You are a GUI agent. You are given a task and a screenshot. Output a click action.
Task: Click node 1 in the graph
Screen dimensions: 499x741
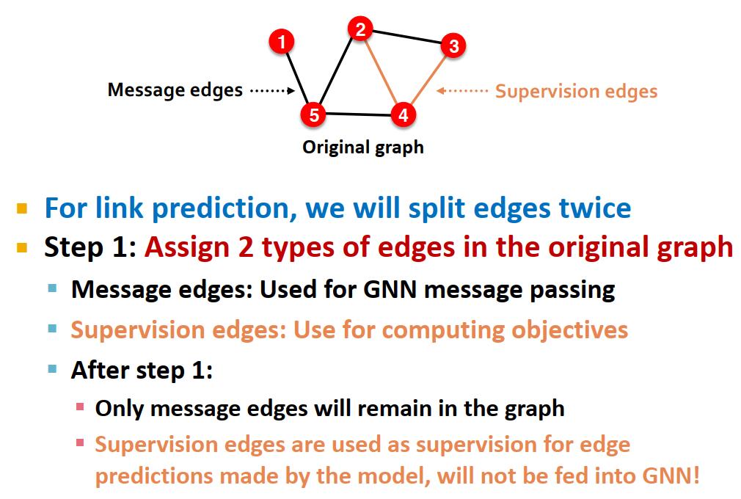(282, 41)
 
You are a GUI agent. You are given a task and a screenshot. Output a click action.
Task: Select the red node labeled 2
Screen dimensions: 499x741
(359, 29)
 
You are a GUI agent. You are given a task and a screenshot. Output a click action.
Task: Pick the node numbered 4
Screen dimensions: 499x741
(403, 114)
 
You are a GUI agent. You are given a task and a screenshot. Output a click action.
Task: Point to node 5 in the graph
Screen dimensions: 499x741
(313, 114)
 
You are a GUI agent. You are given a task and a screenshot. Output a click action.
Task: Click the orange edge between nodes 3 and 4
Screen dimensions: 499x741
(428, 81)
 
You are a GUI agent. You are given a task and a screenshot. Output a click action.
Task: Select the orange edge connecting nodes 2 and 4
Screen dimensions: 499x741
(382, 72)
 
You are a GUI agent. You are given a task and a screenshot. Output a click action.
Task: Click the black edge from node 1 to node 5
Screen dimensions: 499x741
(298, 78)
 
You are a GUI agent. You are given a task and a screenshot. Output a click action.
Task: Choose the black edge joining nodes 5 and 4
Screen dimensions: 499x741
(358, 114)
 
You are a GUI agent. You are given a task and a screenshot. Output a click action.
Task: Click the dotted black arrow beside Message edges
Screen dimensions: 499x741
(271, 91)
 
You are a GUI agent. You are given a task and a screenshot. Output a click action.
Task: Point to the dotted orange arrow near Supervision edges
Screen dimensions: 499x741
(463, 91)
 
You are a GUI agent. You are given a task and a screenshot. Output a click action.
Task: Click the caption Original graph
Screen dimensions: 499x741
(363, 147)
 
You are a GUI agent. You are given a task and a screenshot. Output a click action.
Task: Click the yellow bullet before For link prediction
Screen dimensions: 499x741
(22, 209)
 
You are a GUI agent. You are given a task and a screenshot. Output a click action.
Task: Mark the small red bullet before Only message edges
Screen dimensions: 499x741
(80, 407)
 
